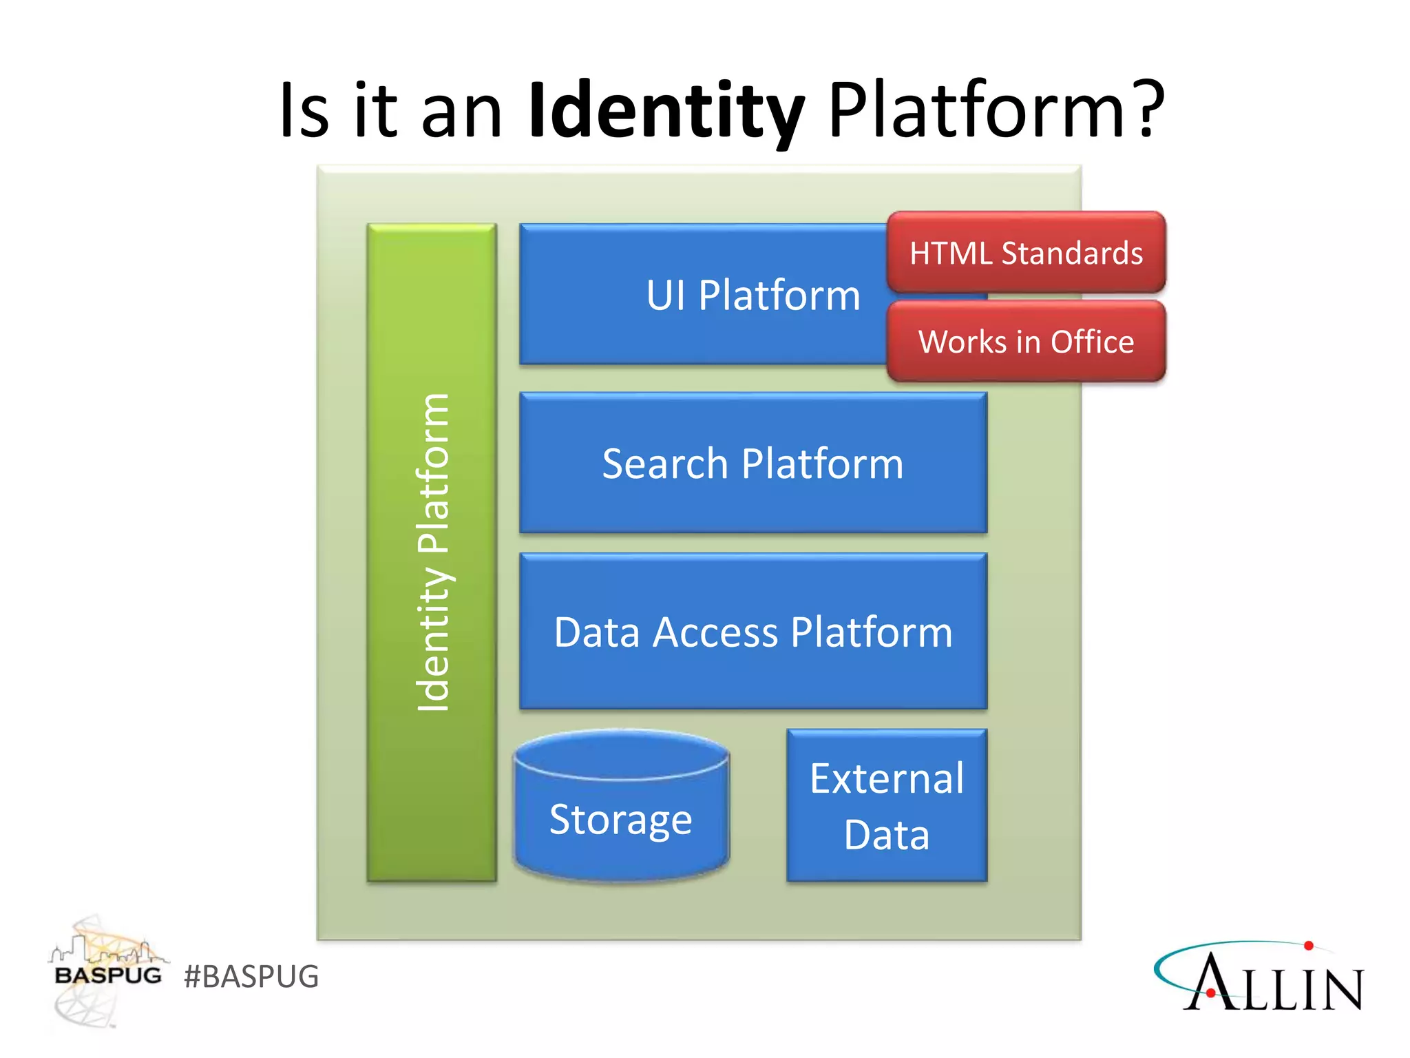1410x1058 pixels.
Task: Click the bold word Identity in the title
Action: tap(666, 110)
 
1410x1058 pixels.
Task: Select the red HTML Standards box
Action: tap(1026, 253)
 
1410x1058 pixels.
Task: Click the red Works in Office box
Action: tap(1026, 342)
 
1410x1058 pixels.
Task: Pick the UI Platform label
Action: tap(753, 295)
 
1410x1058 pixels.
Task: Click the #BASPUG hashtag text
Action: tap(251, 977)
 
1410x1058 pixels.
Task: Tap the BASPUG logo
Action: tap(107, 971)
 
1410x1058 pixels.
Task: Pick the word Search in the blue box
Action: tap(664, 464)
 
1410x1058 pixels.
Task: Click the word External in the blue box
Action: tap(887, 779)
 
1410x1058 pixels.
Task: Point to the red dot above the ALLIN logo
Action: tap(1309, 946)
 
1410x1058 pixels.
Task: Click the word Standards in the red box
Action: tap(1072, 253)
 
